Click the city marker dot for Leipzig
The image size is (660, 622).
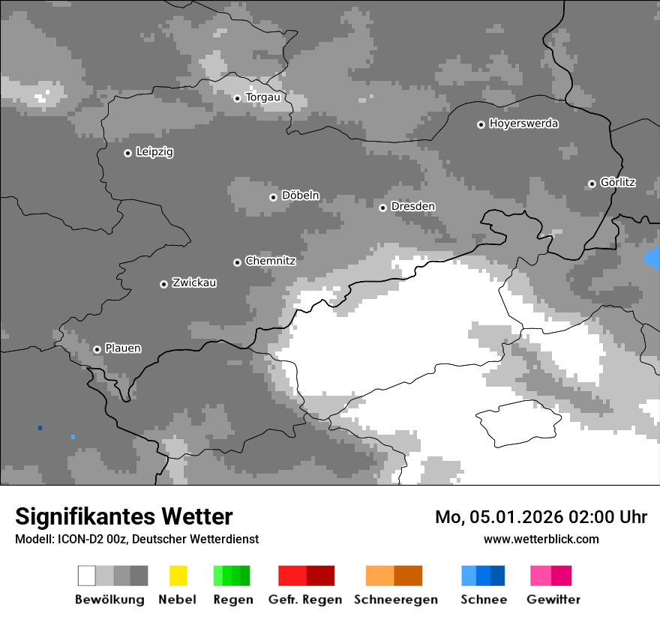point(127,153)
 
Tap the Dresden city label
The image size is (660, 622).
point(412,206)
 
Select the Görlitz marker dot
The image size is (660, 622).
point(592,184)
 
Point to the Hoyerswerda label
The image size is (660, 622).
point(523,124)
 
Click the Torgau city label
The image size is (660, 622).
point(262,97)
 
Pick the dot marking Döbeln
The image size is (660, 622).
point(273,197)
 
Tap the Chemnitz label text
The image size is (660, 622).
point(270,261)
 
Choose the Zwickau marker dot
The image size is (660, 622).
point(163,284)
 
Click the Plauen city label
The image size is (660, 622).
point(122,348)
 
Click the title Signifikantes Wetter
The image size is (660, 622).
point(124,516)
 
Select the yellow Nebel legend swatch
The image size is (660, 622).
point(178,576)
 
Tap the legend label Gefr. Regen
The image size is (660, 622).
point(305,600)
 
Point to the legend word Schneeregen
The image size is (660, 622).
point(396,600)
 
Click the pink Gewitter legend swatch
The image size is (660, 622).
point(550,576)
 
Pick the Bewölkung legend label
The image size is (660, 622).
point(109,600)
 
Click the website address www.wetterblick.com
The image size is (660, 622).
point(541,539)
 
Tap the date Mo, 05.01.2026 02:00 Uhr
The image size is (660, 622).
point(541,517)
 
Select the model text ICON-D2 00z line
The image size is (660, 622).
point(136,539)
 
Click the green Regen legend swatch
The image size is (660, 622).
point(232,576)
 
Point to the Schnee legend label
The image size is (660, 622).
point(484,600)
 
